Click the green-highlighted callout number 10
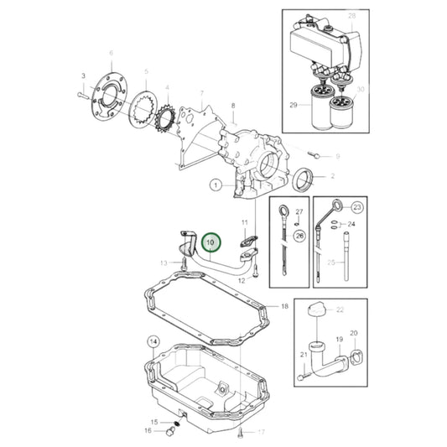pos(211,243)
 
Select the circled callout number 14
pos(153,341)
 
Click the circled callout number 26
pos(299,237)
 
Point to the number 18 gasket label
pos(284,306)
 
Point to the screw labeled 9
pos(315,154)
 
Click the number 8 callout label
pos(233,105)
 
